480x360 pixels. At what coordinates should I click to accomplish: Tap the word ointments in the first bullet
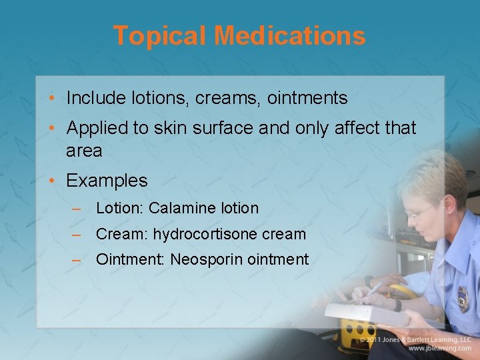click(x=307, y=99)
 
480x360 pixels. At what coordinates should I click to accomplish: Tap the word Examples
click(x=107, y=181)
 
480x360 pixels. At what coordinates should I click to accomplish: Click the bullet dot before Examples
click(x=52, y=181)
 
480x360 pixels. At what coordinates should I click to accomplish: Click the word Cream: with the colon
click(x=122, y=235)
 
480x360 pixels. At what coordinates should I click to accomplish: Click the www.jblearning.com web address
click(x=440, y=349)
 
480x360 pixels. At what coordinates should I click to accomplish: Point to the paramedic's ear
click(x=451, y=209)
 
